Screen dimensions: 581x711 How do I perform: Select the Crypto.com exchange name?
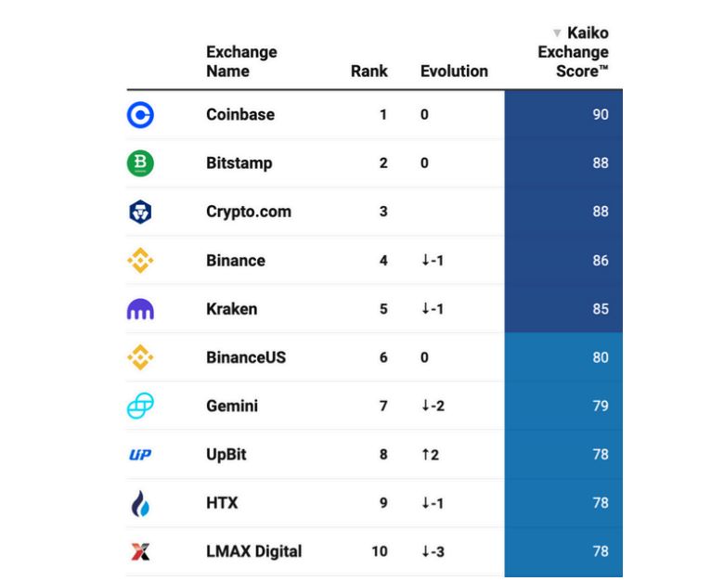(x=248, y=212)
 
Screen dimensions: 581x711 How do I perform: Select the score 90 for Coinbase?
(x=601, y=115)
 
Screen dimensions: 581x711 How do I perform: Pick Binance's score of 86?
(x=601, y=261)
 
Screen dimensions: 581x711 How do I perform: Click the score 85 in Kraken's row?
(x=601, y=309)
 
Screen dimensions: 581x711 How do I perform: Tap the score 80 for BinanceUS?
(x=601, y=357)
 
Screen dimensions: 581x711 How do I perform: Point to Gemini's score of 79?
(x=601, y=406)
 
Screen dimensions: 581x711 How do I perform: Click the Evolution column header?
(x=454, y=71)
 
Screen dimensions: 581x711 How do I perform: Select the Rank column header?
(x=368, y=71)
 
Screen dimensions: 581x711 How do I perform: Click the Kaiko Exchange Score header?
(x=575, y=52)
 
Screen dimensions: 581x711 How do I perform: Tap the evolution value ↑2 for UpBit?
(x=429, y=455)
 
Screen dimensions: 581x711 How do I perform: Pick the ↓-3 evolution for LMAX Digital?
(x=433, y=551)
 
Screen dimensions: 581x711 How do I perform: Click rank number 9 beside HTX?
(x=383, y=503)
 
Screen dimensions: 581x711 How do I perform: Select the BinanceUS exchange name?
(x=245, y=357)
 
